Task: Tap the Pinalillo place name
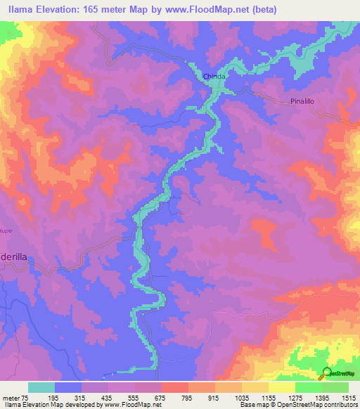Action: point(304,101)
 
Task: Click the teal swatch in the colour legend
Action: point(41,387)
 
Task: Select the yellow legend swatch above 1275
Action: point(281,387)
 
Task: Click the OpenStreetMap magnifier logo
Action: point(326,372)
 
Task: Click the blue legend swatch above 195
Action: point(68,387)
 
